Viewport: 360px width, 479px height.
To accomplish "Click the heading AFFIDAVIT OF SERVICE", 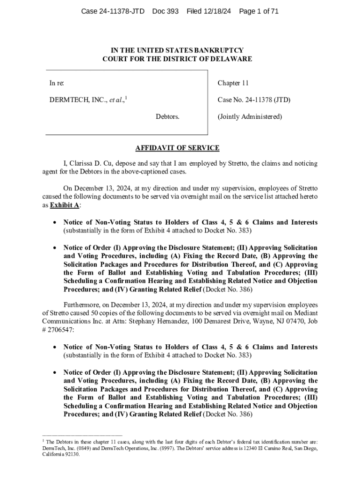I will point(177,148).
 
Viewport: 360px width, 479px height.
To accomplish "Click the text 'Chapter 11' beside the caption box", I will point(233,83).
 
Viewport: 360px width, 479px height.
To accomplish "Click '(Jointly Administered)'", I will point(250,117).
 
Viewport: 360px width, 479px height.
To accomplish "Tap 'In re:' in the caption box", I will point(57,83).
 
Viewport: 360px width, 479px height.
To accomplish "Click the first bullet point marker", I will point(55,222).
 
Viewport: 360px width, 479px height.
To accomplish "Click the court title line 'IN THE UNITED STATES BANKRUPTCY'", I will point(177,50).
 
